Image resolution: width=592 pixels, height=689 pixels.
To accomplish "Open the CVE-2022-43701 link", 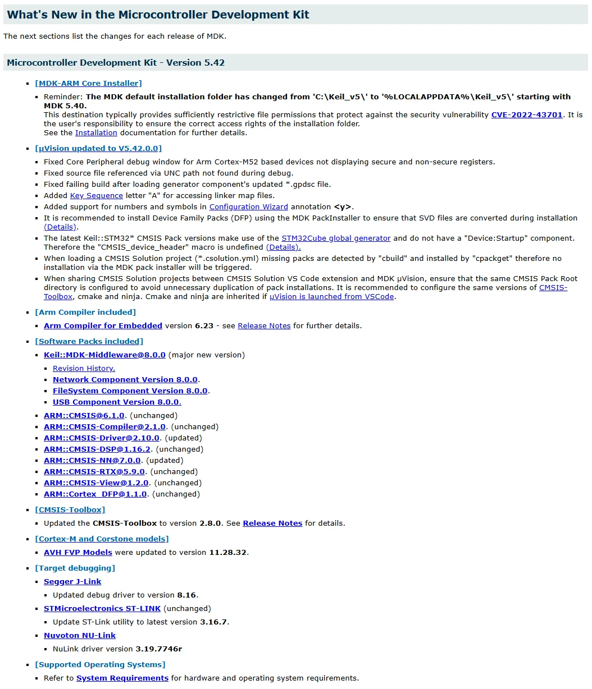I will point(526,115).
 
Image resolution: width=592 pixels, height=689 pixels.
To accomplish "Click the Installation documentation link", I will point(96,133).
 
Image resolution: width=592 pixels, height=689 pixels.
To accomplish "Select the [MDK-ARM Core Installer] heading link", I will point(88,84).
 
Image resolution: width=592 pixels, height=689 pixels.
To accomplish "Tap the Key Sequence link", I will point(96,196).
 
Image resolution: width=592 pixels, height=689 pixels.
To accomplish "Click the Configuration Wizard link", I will point(248,207).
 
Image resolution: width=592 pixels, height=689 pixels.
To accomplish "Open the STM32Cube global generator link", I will point(336,238).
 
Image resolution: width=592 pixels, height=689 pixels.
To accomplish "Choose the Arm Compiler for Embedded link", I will point(103,326).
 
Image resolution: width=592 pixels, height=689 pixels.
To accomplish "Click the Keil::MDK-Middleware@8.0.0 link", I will point(104,355).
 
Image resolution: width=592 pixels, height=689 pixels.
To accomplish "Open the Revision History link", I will point(84,369).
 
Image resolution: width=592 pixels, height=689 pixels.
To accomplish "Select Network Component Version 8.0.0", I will point(125,380).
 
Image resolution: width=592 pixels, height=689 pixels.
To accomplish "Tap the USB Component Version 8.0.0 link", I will point(117,402).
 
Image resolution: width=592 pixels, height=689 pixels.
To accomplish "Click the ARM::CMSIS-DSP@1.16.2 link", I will point(97,449).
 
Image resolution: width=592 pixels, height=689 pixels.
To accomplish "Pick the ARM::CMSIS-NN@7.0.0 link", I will point(92,461).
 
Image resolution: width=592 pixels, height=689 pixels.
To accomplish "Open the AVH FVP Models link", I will point(78,553).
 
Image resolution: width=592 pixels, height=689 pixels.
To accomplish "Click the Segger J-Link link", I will point(72,582).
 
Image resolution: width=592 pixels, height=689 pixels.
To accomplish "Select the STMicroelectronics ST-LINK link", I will point(102,609).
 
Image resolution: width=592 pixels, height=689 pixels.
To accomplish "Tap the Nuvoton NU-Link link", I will point(80,636).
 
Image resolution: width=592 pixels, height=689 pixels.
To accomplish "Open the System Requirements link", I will point(122,678).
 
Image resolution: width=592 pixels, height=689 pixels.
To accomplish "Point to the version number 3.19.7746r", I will point(158,649).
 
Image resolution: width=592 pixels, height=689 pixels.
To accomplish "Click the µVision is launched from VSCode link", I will point(331,297).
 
